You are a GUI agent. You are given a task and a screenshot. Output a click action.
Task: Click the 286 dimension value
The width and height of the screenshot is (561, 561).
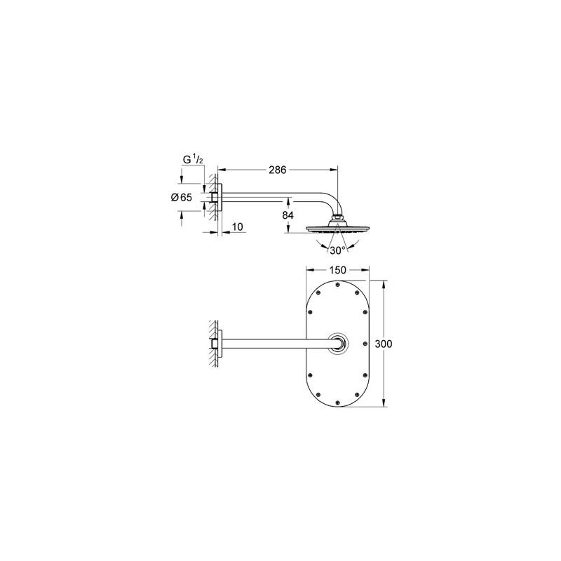click(x=277, y=170)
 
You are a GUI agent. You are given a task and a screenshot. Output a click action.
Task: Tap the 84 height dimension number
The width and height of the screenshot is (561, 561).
click(x=288, y=215)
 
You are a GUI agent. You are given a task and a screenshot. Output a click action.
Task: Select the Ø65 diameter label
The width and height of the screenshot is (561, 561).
click(x=182, y=197)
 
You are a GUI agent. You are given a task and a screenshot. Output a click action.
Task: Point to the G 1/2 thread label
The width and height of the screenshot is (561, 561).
click(x=194, y=160)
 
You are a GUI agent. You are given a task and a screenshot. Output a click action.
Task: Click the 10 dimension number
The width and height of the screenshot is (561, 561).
click(x=237, y=227)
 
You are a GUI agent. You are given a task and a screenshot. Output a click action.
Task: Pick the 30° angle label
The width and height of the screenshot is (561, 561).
click(x=337, y=250)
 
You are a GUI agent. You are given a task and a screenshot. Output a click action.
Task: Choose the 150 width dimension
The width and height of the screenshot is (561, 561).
click(x=337, y=270)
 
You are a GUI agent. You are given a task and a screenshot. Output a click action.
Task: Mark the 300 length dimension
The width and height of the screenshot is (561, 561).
click(x=384, y=344)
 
